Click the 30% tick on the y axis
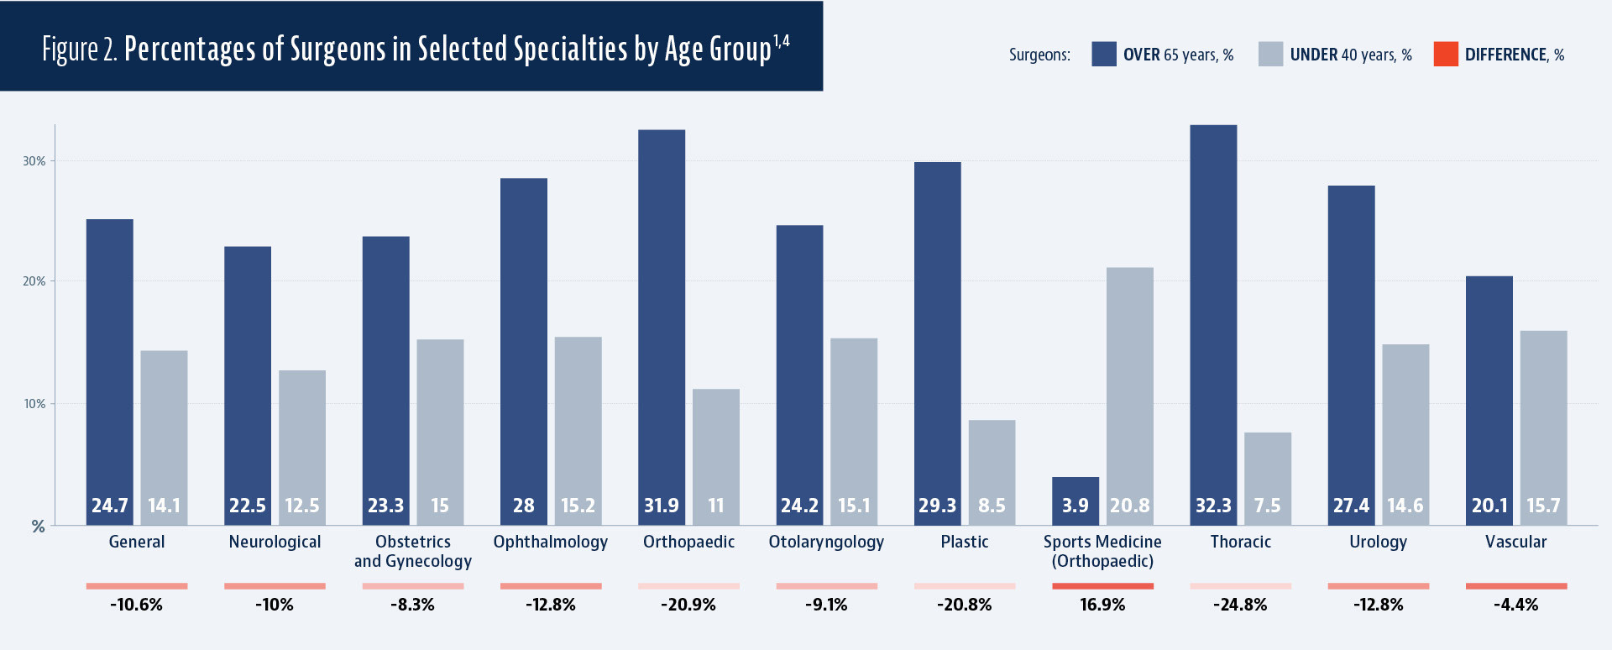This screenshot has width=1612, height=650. click(x=34, y=161)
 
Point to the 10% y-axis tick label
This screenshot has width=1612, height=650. click(x=34, y=404)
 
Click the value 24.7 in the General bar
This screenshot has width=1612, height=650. click(x=110, y=506)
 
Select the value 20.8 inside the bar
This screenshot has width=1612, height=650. click(x=1129, y=506)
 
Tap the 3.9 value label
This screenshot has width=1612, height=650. click(x=1075, y=506)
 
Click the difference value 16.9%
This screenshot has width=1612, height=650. click(x=1102, y=605)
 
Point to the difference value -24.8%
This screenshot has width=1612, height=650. click(x=1240, y=605)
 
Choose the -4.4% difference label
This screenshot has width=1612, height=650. click(x=1515, y=605)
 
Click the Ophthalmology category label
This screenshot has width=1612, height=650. click(x=551, y=542)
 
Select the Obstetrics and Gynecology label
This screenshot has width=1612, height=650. click(x=413, y=552)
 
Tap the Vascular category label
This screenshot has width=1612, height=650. click(x=1515, y=542)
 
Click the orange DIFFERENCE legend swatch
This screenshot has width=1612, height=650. click(x=1446, y=54)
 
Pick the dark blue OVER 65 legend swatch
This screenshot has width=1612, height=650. click(x=1104, y=54)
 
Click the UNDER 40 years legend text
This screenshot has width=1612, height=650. click(x=1351, y=55)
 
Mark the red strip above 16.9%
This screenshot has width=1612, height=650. click(x=1102, y=586)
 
